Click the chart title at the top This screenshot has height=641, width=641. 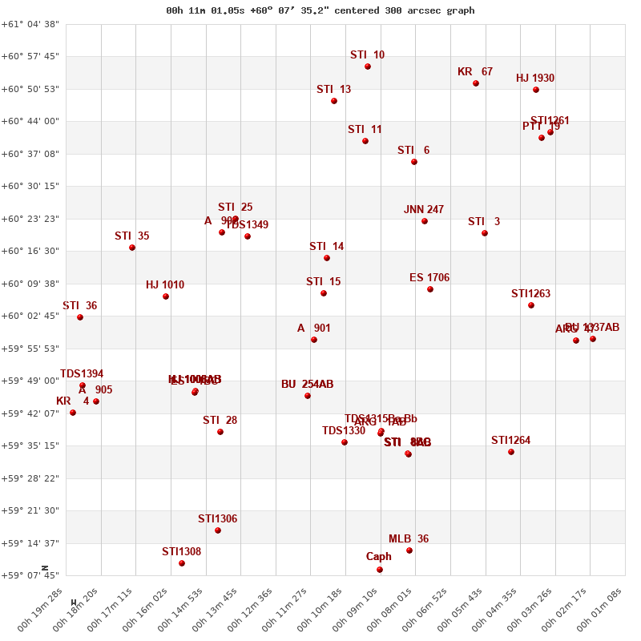(x=320, y=10)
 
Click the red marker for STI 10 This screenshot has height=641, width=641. (x=368, y=67)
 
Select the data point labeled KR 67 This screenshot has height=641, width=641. (x=476, y=83)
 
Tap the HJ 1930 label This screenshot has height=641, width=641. (x=535, y=79)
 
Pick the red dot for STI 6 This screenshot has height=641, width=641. (x=414, y=162)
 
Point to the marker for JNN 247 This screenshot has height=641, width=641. (x=425, y=221)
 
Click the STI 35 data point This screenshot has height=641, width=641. (x=132, y=248)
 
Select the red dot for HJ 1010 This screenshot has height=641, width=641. (x=166, y=296)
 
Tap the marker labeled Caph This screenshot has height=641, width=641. (x=380, y=570)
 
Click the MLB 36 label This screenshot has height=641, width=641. (x=409, y=539)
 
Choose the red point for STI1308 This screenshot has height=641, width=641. (x=182, y=563)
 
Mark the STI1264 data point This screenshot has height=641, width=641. (x=511, y=452)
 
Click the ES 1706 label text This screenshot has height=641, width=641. (x=429, y=278)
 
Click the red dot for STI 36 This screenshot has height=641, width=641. (x=80, y=317)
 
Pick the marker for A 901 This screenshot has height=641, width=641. (x=314, y=340)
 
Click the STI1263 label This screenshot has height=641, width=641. (x=531, y=294)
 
